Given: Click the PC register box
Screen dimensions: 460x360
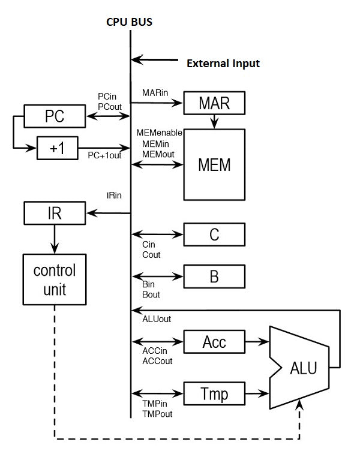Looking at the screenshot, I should [x=54, y=116].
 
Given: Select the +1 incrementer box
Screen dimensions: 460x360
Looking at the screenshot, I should [x=57, y=148].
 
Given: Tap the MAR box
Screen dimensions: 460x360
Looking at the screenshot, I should [x=214, y=103].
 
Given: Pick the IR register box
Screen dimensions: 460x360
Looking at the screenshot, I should [x=54, y=213].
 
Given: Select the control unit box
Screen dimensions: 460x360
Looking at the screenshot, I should [x=55, y=279].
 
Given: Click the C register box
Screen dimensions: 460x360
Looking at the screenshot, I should [x=214, y=234].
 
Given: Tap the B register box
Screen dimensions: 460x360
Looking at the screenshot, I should [x=214, y=277].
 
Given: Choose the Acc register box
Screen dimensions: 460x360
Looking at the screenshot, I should [x=214, y=342].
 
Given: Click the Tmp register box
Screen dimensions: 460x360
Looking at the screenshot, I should [x=214, y=394].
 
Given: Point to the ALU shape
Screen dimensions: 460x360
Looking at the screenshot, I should [x=300, y=367].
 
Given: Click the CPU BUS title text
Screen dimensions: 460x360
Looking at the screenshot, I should [x=130, y=23].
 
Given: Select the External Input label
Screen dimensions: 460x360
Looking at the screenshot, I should [x=223, y=63].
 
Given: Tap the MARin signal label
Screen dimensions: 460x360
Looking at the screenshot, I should [x=155, y=93].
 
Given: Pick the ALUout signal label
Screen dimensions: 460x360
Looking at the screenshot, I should [x=157, y=319].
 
